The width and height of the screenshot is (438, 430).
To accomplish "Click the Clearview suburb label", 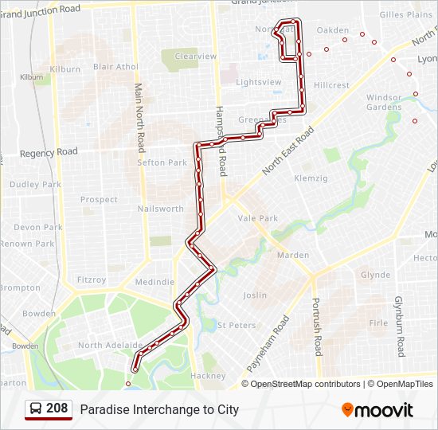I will coord(195,57).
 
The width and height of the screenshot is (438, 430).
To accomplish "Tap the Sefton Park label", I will coord(162,162).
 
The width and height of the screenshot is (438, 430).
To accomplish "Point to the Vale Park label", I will coord(257,218).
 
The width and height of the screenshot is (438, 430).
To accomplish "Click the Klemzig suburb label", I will coord(311,178).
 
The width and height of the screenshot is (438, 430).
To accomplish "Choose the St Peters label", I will coord(237,325).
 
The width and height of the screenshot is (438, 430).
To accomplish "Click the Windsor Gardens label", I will coord(384,102).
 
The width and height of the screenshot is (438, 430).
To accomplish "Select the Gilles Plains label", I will coord(405,14).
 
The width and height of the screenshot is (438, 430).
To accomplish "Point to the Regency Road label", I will coord(49,152).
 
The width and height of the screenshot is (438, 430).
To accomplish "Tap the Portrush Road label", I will coord(316,327).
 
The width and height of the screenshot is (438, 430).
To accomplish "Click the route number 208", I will coord(57,408).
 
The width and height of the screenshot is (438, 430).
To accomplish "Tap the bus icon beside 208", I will coord(37,409).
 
